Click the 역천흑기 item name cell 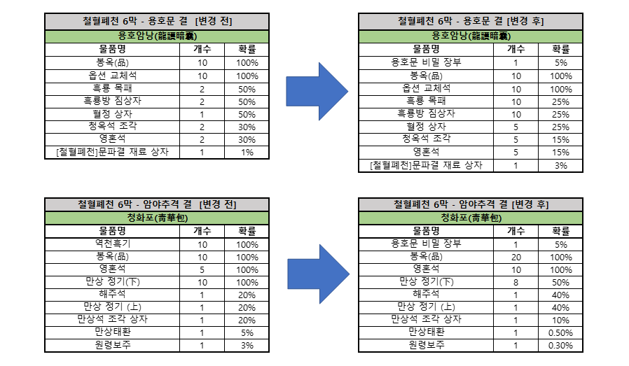(x=112, y=244)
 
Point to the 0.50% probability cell (x=560, y=332)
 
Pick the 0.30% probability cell (x=560, y=346)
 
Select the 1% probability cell (x=247, y=153)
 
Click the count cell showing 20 (x=516, y=257)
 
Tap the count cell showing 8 (x=516, y=282)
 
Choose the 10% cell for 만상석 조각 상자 (x=560, y=321)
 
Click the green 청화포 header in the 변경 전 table (x=157, y=218)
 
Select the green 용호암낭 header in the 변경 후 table (x=471, y=36)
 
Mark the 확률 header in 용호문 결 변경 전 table (x=247, y=49)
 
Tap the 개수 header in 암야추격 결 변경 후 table (x=516, y=231)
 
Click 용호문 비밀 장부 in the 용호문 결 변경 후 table (x=426, y=62)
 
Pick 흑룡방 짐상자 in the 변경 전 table (x=112, y=101)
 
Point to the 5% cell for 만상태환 (x=247, y=332)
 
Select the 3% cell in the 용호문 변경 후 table (x=560, y=166)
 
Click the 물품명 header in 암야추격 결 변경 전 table (x=112, y=231)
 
